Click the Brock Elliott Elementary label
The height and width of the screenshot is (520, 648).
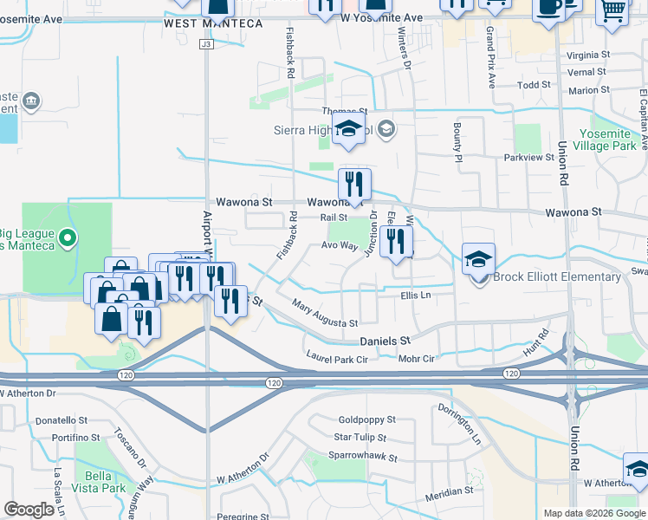(x=556, y=277)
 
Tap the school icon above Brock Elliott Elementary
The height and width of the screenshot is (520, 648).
(x=478, y=259)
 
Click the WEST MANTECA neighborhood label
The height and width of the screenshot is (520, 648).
(x=213, y=23)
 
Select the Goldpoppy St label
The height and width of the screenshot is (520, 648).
(x=366, y=419)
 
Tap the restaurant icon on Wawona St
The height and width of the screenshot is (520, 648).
(x=354, y=184)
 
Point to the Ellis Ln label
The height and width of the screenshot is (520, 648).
(x=416, y=296)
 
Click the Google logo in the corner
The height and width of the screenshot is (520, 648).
(x=29, y=510)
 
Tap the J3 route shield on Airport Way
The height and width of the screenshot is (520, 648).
(x=205, y=43)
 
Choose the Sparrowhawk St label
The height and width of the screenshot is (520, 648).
(x=362, y=457)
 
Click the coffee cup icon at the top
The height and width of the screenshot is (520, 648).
(x=548, y=7)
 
